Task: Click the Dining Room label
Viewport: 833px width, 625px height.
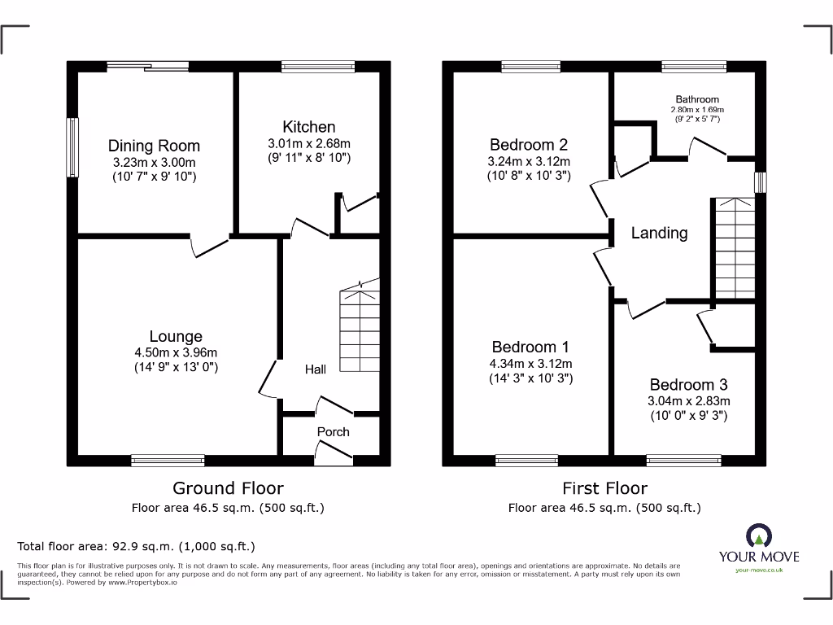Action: click(154, 146)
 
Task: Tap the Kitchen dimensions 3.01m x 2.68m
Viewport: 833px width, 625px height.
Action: click(308, 144)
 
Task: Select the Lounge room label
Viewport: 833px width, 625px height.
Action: click(176, 336)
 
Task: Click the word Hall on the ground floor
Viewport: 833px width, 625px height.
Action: click(316, 369)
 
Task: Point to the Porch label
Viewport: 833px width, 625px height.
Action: click(334, 431)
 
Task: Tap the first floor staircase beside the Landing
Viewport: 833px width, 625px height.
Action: click(734, 248)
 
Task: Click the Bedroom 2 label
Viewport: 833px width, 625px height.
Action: click(529, 146)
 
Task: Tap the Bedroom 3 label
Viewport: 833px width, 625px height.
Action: click(688, 385)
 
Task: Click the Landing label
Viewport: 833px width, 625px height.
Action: click(659, 234)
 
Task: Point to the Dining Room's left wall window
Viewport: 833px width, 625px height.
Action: click(72, 147)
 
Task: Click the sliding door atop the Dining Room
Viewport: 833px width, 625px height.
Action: click(147, 66)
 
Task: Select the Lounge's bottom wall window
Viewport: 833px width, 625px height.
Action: click(168, 461)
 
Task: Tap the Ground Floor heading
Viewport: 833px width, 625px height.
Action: click(228, 488)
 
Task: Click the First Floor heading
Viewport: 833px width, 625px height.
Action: click(604, 488)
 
